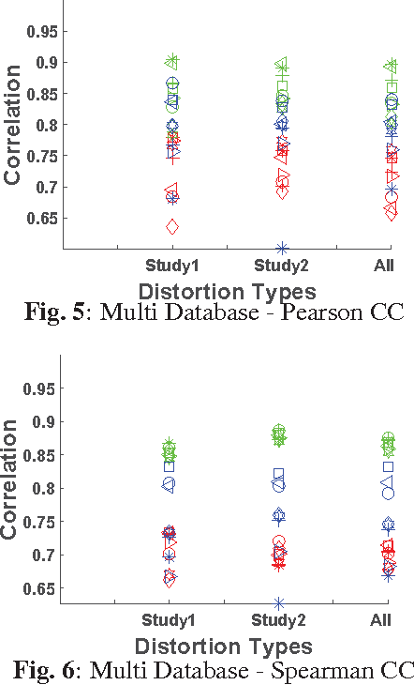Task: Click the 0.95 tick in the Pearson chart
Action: [41, 32]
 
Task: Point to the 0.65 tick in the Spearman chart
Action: [41, 588]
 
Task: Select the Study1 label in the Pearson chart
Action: [171, 266]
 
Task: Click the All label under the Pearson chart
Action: [384, 266]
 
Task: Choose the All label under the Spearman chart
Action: [381, 621]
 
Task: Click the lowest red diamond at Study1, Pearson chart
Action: [172, 227]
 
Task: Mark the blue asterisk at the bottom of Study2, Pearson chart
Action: [283, 249]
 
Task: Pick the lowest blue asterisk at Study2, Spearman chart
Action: [279, 602]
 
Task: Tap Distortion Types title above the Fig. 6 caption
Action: [223, 647]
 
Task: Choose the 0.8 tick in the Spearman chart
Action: [45, 488]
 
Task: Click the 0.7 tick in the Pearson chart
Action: [45, 187]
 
